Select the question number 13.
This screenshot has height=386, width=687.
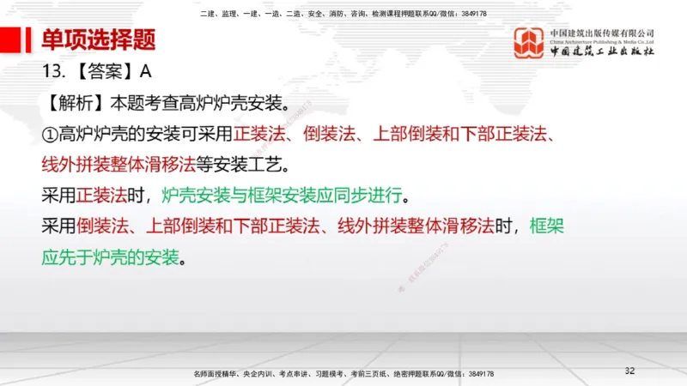pyautogui.click(x=53, y=72)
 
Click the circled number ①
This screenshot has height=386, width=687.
pyautogui.click(x=49, y=134)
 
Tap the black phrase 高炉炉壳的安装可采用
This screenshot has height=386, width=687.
pyautogui.click(x=145, y=134)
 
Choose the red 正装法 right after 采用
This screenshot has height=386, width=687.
pyautogui.click(x=101, y=195)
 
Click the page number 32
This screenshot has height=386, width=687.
pyautogui.click(x=629, y=371)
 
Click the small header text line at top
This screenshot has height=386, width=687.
pyautogui.click(x=343, y=14)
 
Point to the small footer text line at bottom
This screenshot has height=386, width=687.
pyautogui.click(x=343, y=375)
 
